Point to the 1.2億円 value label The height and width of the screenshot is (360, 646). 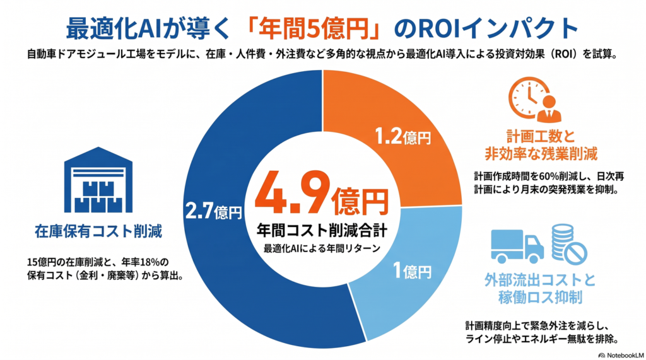(403, 136)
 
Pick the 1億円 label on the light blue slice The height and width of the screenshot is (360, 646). (413, 271)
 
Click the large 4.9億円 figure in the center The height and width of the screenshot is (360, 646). (322, 194)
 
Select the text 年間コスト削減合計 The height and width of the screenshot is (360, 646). (322, 230)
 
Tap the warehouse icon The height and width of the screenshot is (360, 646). (98, 180)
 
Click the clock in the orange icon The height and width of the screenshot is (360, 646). (528, 98)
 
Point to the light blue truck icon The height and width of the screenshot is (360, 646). (517, 247)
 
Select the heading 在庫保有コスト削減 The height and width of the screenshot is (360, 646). (98, 231)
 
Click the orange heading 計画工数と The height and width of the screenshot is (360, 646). (541, 136)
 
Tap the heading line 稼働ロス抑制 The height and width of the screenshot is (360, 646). (540, 297)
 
